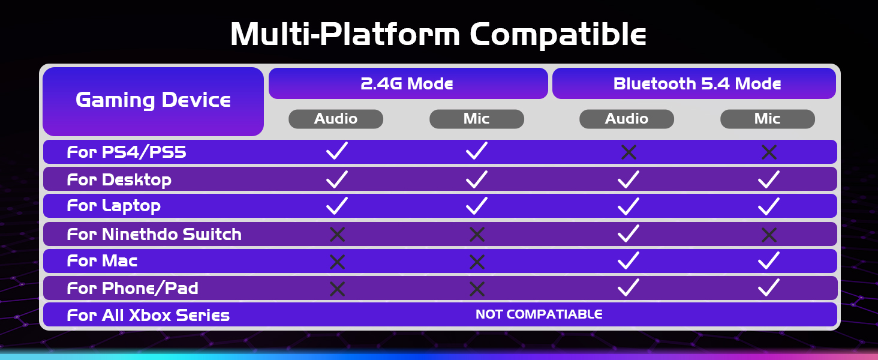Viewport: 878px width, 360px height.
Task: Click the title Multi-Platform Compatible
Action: point(438,35)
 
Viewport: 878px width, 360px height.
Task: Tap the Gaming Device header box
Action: point(154,101)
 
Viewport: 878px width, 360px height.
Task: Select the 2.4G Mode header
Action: point(408,83)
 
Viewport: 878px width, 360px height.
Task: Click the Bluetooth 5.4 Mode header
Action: point(694,83)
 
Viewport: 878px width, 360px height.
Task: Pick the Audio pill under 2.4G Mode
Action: point(335,119)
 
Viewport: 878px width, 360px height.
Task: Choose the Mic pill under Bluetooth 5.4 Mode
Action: point(768,119)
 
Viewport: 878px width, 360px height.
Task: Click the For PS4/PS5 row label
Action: point(127,152)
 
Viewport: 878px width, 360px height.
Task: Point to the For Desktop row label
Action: point(119,180)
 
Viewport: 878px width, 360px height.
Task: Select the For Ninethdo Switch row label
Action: point(154,235)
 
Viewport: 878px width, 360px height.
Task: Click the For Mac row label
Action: point(103,261)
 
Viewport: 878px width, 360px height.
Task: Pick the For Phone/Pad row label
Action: point(133,288)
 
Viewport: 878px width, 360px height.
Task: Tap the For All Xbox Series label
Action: point(148,315)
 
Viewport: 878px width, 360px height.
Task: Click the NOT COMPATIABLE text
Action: point(539,314)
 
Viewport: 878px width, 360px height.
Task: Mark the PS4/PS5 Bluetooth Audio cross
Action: point(629,152)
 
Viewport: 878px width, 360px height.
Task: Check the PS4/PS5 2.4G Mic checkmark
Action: point(477,151)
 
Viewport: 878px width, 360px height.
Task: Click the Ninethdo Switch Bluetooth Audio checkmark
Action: point(629,233)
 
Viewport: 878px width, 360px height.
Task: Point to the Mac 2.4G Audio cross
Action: point(337,262)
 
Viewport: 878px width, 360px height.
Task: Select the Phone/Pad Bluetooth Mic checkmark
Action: point(769,287)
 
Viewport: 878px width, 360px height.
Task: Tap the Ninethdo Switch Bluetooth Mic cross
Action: point(769,235)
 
